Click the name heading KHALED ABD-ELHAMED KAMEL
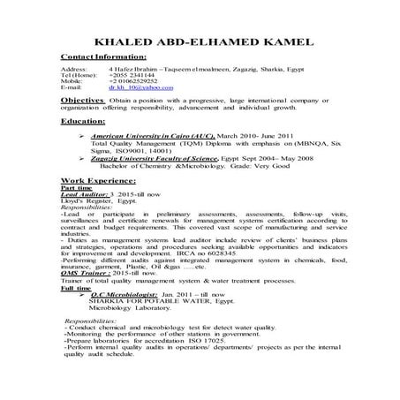[x=199, y=43]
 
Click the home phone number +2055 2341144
[x=132, y=75]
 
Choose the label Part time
[x=74, y=187]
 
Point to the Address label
[x=73, y=68]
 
